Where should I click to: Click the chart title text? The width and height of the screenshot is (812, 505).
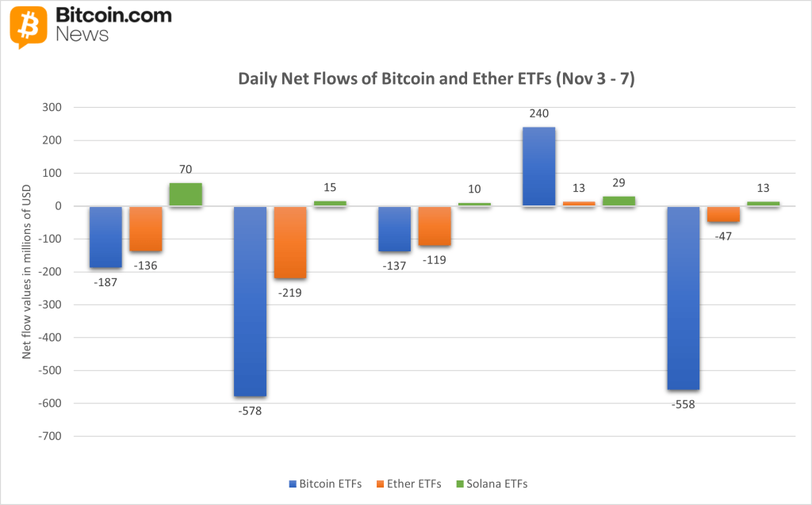(436, 79)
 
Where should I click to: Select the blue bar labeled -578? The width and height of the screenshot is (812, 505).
(250, 301)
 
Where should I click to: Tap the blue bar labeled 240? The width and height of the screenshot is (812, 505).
(538, 166)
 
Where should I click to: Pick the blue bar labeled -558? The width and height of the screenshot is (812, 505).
(683, 298)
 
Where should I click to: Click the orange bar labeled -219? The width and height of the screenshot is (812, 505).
(290, 243)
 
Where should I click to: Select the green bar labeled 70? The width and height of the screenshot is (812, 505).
(186, 194)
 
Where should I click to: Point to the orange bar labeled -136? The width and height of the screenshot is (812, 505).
(146, 228)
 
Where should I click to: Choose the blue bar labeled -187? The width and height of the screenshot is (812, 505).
(105, 237)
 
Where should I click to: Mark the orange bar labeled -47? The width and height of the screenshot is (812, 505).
(723, 214)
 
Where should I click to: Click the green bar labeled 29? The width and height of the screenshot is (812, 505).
(619, 201)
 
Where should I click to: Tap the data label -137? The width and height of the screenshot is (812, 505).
(394, 266)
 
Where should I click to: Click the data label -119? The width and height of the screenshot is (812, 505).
(435, 259)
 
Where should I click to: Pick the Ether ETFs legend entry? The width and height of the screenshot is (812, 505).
(413, 483)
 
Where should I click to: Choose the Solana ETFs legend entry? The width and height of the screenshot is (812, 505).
(496, 483)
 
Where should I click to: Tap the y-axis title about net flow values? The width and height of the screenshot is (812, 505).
(26, 271)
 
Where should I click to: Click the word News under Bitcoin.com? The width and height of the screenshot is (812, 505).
(82, 35)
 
